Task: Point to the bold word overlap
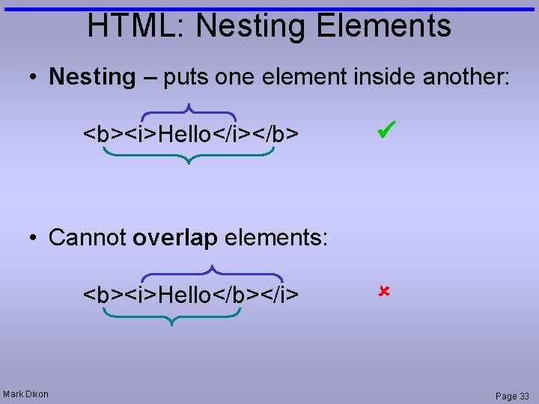[x=174, y=238]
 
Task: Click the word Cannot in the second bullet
[x=88, y=238]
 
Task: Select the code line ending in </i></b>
[x=191, y=135]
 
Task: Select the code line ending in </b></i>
[x=191, y=295]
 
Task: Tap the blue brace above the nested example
[x=189, y=110]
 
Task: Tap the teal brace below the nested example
[x=189, y=156]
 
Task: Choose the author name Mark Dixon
[x=26, y=394]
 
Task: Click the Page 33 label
[x=511, y=396]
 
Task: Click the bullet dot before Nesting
[x=34, y=77]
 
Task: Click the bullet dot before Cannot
[x=34, y=239]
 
